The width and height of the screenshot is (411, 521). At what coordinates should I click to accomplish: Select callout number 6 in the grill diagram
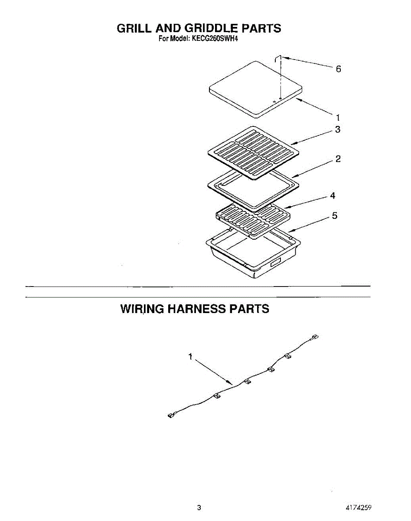tap(339, 69)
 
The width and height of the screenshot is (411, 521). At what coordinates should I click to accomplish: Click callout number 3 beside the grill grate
tap(337, 129)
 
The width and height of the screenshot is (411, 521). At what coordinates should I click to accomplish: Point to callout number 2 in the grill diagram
tap(338, 159)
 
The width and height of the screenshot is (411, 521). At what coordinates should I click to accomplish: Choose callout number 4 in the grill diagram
tap(333, 196)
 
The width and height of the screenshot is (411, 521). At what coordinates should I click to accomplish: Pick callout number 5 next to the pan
tap(334, 216)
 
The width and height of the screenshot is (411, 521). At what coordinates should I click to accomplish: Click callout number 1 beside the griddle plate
tap(338, 117)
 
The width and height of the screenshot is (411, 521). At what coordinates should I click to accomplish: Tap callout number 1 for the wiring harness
tap(190, 357)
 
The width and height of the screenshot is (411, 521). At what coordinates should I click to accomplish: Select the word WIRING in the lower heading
tap(142, 309)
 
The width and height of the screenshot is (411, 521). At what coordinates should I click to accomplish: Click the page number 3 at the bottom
tap(199, 508)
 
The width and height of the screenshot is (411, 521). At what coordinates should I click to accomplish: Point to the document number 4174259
tap(358, 508)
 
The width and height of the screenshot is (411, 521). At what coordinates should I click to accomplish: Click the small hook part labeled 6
tap(280, 59)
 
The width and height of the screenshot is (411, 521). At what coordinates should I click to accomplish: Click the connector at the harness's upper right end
tap(315, 338)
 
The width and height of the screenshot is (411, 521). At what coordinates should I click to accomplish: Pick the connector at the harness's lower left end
tap(170, 416)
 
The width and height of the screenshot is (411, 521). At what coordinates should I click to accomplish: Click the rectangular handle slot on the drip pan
tap(275, 262)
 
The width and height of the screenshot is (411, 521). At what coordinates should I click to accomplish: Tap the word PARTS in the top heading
tap(261, 29)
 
